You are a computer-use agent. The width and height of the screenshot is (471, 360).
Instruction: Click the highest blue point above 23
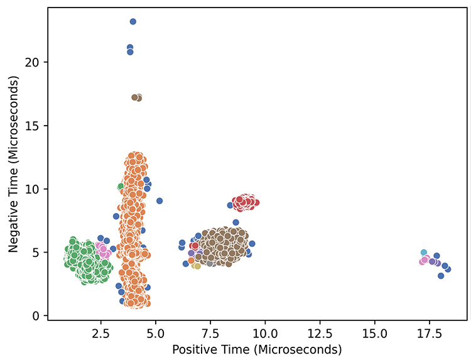click(x=133, y=21)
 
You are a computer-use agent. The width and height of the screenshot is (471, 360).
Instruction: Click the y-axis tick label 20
click(x=35, y=62)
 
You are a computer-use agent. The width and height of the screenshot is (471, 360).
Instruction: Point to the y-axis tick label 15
click(x=35, y=126)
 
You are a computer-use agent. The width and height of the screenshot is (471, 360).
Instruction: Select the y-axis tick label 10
click(x=35, y=189)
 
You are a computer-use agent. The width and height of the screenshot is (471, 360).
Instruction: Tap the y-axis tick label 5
click(x=38, y=253)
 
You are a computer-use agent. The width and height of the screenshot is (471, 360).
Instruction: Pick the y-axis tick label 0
click(x=38, y=316)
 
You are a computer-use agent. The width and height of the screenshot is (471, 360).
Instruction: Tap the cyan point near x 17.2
click(x=424, y=253)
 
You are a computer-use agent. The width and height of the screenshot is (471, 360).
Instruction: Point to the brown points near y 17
click(x=136, y=97)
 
